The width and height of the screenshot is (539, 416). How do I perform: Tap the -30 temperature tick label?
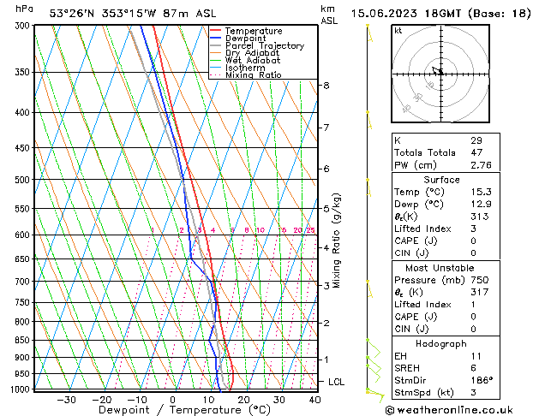click(66, 400)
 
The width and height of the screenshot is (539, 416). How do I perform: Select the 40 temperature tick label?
click(314, 400)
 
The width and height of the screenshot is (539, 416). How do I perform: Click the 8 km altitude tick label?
click(326, 86)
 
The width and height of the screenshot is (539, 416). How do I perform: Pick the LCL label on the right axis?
click(337, 381)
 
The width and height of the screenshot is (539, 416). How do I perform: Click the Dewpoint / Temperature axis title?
click(171, 411)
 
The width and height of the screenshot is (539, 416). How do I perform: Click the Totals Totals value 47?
click(476, 152)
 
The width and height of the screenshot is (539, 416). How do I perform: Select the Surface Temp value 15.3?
click(479, 192)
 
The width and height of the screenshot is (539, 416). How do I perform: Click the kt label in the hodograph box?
click(398, 30)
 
